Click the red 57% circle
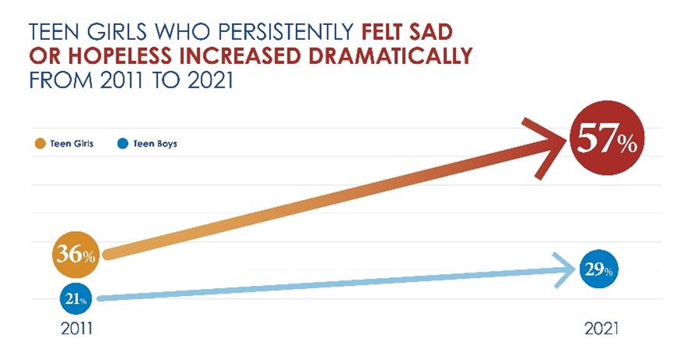[x=607, y=141]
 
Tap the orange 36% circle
[x=75, y=255]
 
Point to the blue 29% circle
[x=600, y=270]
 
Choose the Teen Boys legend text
[x=155, y=144]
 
